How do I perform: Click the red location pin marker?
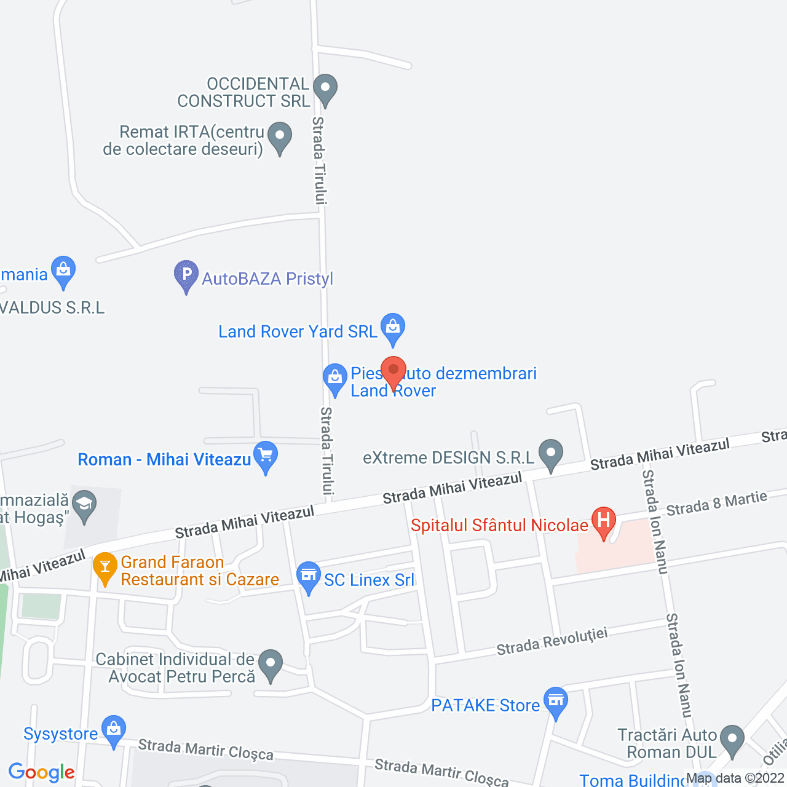click(x=393, y=371)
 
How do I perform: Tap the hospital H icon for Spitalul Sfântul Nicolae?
click(x=603, y=521)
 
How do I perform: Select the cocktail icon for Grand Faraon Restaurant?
click(x=105, y=566)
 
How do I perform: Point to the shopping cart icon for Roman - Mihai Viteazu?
click(x=266, y=456)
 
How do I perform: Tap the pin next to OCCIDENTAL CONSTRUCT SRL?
click(x=325, y=88)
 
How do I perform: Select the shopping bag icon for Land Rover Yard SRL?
click(x=393, y=327)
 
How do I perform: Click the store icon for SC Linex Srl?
click(x=308, y=576)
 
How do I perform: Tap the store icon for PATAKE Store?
click(x=556, y=701)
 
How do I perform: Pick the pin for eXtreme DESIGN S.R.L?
click(x=551, y=454)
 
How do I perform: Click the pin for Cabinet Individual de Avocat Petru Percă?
click(x=270, y=664)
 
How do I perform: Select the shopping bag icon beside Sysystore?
click(x=114, y=730)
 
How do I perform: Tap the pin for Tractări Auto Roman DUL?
click(x=732, y=740)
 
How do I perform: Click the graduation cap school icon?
click(x=84, y=504)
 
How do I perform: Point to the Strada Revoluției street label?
click(x=552, y=641)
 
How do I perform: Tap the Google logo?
click(x=42, y=772)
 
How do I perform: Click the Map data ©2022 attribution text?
click(x=735, y=778)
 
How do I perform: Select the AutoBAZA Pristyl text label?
click(x=267, y=279)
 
